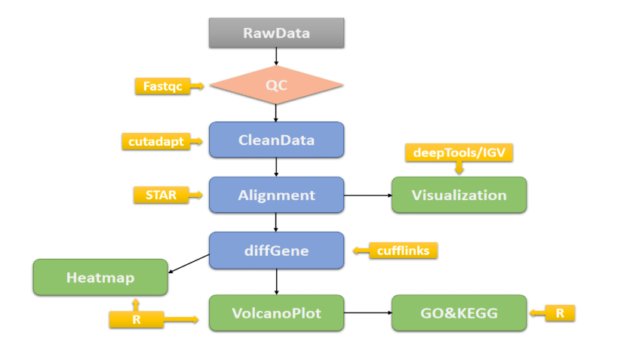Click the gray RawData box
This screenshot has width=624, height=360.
tap(276, 32)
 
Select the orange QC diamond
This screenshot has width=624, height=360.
tap(276, 86)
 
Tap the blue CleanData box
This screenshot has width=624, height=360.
tap(276, 140)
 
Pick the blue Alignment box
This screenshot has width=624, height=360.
tap(276, 195)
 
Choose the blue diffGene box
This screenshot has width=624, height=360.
tap(276, 250)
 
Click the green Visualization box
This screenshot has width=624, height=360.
tap(459, 195)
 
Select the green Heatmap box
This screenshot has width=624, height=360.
tap(100, 277)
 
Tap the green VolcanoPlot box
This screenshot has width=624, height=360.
tap(276, 312)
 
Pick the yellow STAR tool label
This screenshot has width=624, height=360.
tap(156, 195)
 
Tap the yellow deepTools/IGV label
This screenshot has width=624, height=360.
tap(459, 152)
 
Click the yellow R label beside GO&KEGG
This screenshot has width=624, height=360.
tap(560, 312)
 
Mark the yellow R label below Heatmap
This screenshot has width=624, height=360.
tap(136, 320)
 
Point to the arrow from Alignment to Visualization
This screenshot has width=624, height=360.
tap(367, 195)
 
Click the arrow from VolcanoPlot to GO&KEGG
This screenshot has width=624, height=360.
tap(367, 312)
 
